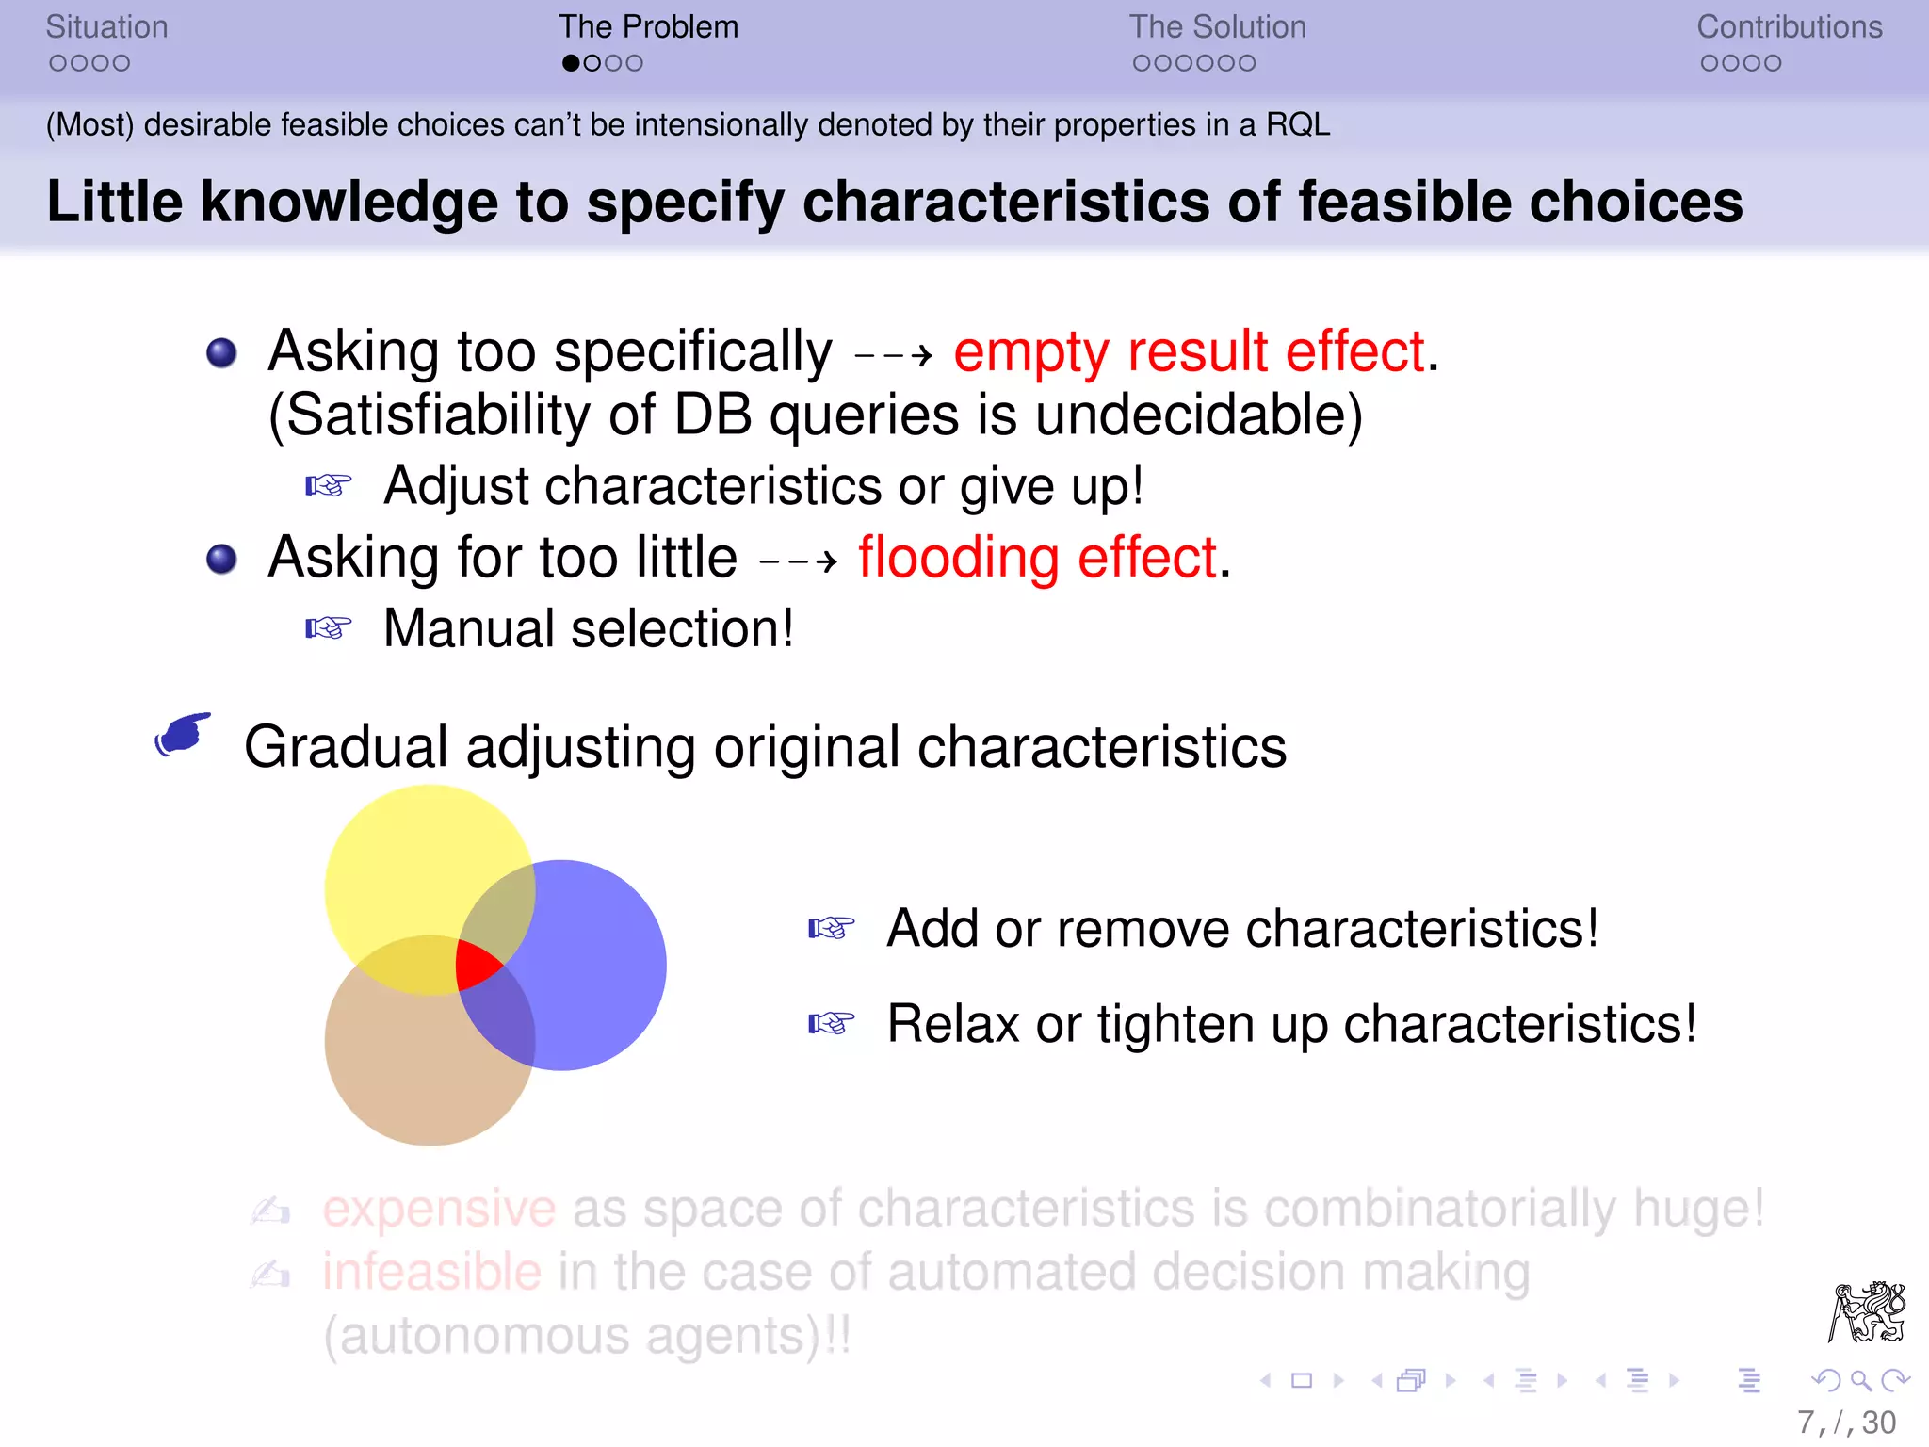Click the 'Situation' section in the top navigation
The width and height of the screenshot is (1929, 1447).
[106, 27]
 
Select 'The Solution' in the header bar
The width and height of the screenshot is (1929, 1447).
[1217, 27]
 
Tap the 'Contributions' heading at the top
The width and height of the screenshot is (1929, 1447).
[1789, 27]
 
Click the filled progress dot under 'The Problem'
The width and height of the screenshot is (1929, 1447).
[571, 63]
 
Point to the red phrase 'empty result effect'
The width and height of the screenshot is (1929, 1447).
[1189, 352]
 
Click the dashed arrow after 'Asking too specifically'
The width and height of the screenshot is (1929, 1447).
[892, 356]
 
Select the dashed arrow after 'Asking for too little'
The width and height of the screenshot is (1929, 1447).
[798, 562]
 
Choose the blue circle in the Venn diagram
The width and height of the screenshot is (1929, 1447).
[593, 970]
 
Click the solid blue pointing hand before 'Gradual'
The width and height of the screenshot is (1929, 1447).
[183, 734]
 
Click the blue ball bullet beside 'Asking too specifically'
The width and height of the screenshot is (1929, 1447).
[221, 353]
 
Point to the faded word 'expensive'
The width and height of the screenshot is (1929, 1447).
[439, 1209]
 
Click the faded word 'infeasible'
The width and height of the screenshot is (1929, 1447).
[431, 1273]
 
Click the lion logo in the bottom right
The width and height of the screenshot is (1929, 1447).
[1867, 1311]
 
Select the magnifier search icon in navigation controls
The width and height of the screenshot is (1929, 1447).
[1859, 1381]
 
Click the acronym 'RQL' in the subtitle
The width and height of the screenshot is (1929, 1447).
[1297, 125]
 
